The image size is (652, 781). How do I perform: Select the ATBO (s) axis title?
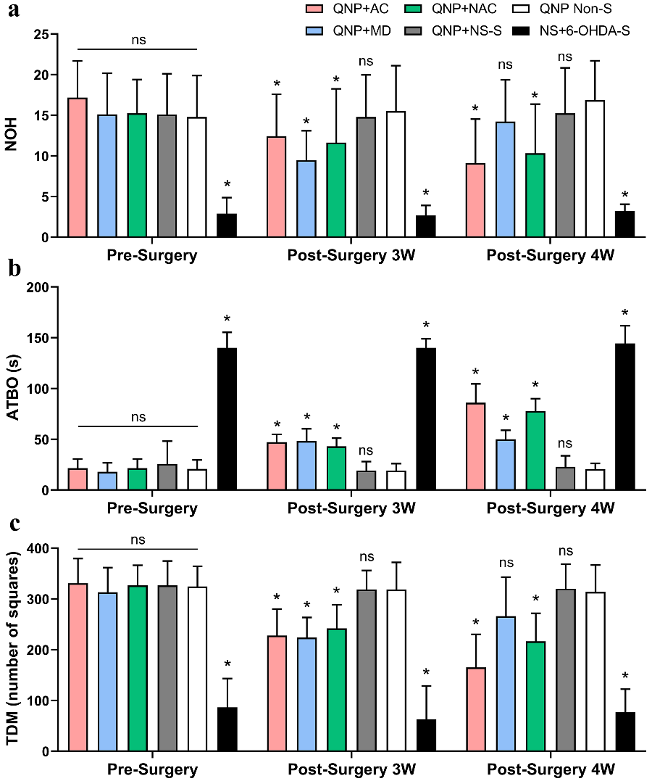tap(12, 389)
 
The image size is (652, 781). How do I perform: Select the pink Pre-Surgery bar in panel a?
tap(78, 168)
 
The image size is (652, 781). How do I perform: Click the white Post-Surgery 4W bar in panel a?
tap(595, 169)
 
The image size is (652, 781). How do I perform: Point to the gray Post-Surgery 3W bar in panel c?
tap(366, 671)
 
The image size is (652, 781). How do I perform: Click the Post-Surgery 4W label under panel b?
tap(550, 508)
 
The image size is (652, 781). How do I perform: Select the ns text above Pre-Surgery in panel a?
tap(138, 39)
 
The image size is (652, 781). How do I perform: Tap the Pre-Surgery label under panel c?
tap(152, 769)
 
